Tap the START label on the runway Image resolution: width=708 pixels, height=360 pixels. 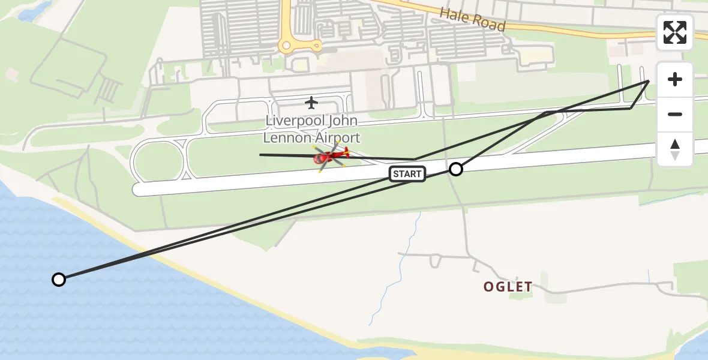[x=407, y=174]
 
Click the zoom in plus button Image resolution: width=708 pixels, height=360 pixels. [x=675, y=79]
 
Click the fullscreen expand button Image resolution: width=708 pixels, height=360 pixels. [x=675, y=32]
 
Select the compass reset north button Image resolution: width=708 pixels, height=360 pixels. [x=675, y=149]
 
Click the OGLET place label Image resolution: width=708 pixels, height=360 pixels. [x=508, y=287]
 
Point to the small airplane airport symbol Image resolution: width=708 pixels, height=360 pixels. [x=311, y=103]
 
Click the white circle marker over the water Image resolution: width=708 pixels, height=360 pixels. [x=59, y=280]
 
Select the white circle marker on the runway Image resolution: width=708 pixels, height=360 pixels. [x=456, y=169]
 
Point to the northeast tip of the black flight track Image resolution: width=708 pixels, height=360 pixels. [x=649, y=80]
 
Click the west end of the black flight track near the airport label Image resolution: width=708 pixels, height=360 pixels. [x=260, y=155]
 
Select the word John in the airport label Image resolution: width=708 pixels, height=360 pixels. [x=341, y=121]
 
